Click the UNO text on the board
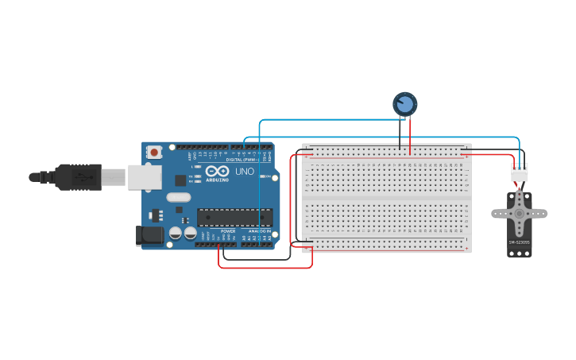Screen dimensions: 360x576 click(x=245, y=172)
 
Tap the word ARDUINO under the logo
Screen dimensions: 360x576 click(x=218, y=180)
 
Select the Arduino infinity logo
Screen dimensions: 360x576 click(x=218, y=171)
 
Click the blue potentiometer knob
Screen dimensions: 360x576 click(x=404, y=104)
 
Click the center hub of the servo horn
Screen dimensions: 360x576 click(x=520, y=212)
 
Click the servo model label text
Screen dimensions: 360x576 click(x=519, y=242)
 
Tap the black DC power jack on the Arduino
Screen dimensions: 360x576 click(x=149, y=235)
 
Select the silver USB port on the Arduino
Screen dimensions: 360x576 click(x=145, y=177)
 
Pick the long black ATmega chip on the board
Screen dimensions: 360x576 click(x=234, y=217)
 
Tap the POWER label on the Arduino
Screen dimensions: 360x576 click(x=228, y=231)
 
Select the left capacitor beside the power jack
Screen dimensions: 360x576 click(x=175, y=233)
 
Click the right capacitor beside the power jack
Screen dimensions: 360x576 click(x=190, y=233)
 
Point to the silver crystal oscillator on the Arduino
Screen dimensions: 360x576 click(x=179, y=197)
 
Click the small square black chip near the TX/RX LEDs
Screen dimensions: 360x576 click(x=180, y=180)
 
